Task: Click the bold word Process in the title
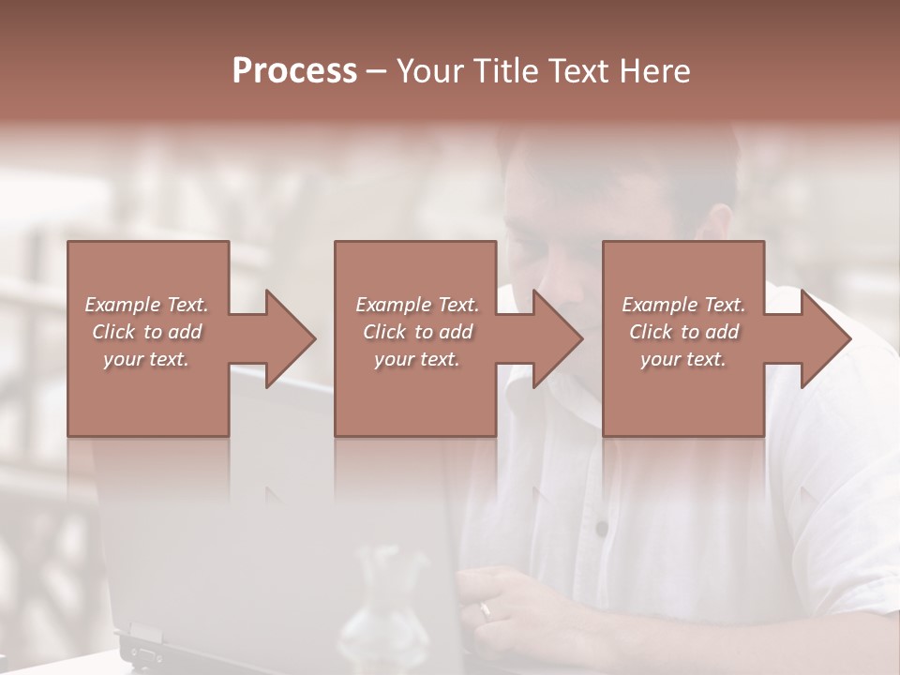point(294,71)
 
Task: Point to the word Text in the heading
point(574,71)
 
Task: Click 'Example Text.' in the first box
point(146,305)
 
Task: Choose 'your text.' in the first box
point(146,359)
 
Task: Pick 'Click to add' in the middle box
point(417,332)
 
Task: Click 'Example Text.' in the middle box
point(417,305)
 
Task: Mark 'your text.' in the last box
point(683,359)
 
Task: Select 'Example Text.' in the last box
point(683,305)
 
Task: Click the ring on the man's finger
point(485,610)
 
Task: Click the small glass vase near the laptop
point(384,609)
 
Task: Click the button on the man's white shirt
point(601,529)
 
